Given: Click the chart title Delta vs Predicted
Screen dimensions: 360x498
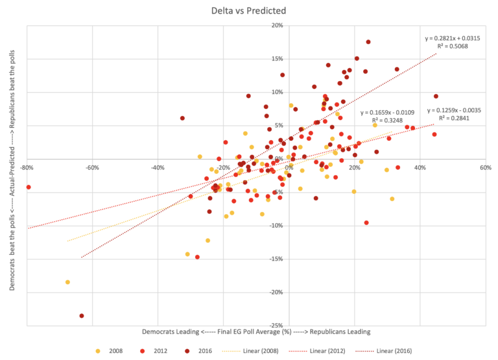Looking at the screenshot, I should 249,10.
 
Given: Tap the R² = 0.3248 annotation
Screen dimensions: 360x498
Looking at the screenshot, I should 390,120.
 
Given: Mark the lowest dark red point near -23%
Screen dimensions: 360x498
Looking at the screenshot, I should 82,316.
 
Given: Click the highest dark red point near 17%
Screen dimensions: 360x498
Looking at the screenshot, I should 368,42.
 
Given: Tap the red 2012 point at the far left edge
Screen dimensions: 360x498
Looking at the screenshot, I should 29,187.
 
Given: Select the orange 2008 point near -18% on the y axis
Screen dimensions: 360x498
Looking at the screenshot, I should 67,282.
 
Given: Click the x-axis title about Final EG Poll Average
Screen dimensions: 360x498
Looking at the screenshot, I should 256,331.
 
